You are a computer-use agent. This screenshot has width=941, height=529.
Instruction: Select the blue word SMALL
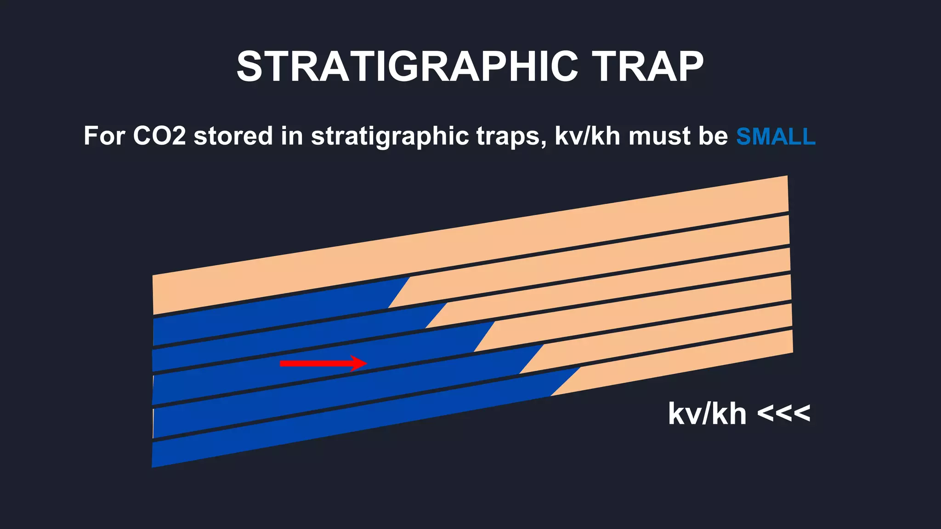776,137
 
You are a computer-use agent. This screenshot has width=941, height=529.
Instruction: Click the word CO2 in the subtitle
159,136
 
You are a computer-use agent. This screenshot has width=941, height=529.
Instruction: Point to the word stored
233,136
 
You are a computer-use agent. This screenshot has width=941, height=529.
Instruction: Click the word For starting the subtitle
104,136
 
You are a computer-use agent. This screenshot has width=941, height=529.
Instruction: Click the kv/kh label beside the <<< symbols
707,414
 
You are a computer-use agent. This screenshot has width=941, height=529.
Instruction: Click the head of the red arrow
360,363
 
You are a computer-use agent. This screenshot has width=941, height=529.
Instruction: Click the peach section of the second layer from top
597,266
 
